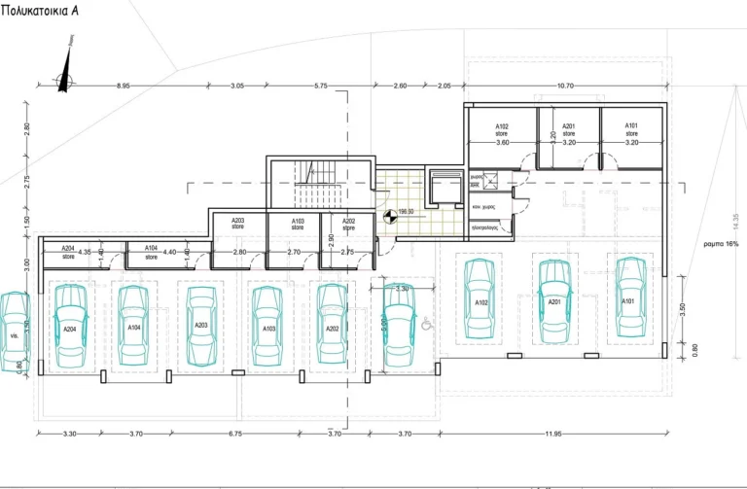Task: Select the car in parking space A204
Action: coord(70,327)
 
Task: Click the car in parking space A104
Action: coord(134,327)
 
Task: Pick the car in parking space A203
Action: coord(201,325)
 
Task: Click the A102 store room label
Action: coord(502,129)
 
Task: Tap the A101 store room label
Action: coord(631,129)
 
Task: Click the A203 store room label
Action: coord(237,224)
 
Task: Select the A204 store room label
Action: coord(68,252)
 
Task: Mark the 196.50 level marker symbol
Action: coord(389,220)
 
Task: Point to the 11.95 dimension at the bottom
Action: coord(553,434)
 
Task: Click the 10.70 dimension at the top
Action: coord(564,87)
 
